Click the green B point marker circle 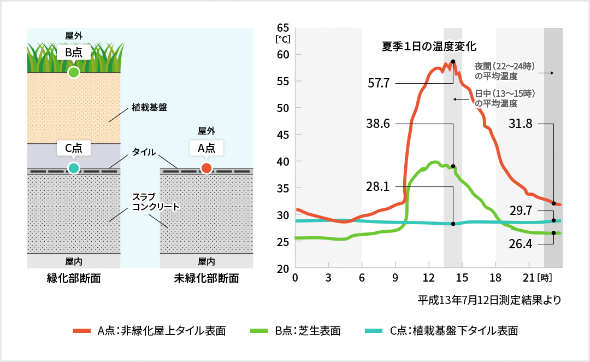point(73,72)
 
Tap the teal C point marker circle point(73,167)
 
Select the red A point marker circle point(206,168)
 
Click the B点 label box point(73,53)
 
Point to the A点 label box point(206,148)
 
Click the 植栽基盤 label point(149,108)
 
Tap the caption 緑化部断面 point(74,278)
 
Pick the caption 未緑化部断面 point(206,278)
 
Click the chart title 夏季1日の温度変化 point(429,46)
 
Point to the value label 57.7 point(379,84)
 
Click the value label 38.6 point(379,124)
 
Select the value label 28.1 point(379,187)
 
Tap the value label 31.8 point(520,124)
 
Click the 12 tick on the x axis point(429,277)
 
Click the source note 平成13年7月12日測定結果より point(489,300)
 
